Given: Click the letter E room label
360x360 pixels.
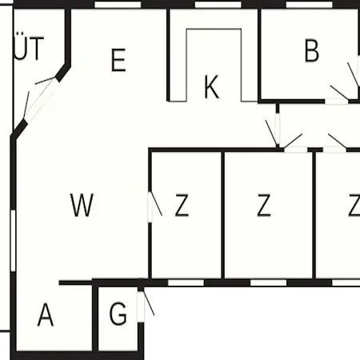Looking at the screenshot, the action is coord(118,60).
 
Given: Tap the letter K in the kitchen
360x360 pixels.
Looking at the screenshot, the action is coord(211,87).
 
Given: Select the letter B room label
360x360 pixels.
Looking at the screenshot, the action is coord(312,50).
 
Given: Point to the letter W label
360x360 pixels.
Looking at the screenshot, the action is coord(82,205).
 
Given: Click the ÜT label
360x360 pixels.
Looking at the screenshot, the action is coord(28,47).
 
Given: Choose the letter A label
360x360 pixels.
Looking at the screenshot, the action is coord(46,314).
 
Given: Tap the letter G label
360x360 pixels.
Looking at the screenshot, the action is coord(118,314).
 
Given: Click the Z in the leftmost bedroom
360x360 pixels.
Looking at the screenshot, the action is coord(182,205).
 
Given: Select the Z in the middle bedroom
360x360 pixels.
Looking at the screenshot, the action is coord(264,205).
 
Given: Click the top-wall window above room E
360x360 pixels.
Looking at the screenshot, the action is coord(118,5).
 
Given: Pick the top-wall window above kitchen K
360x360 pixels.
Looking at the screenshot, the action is coord(218,5).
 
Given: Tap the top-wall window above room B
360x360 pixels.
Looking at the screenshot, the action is coord(310,5).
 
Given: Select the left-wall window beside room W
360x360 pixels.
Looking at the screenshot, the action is coord(13,241).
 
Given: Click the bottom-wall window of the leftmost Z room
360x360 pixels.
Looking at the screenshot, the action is coord(186,282).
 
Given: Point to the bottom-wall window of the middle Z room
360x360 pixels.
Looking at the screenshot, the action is coord(269,282).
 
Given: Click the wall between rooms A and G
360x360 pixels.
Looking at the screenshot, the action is coord(95,318).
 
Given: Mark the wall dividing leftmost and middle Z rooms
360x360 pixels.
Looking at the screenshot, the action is coord(222,215).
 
